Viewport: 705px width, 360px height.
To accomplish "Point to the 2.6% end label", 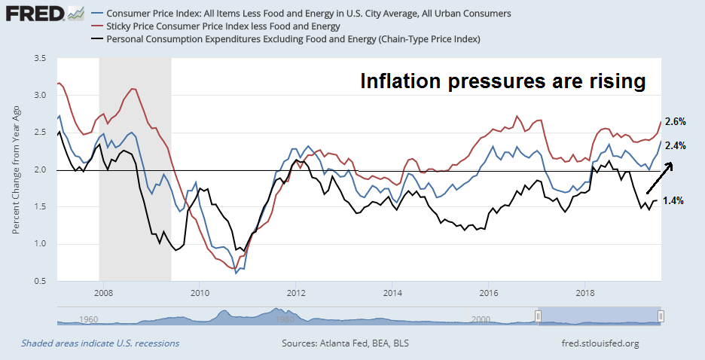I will [x=675, y=122].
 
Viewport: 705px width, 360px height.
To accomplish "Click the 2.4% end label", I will [x=675, y=145].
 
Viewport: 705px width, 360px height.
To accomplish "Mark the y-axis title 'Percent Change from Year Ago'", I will [x=17, y=169].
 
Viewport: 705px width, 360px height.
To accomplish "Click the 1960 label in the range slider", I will [x=90, y=319].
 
